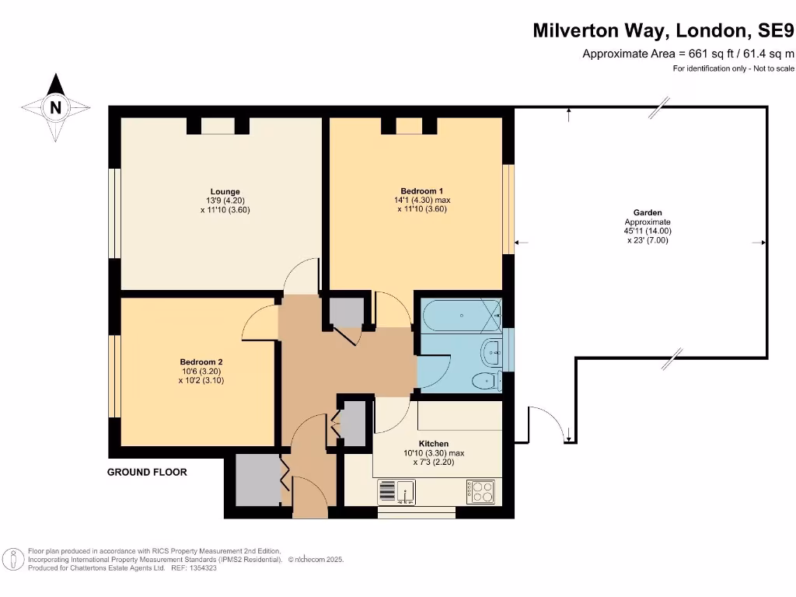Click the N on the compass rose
coord(55,108)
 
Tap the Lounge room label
coord(225,191)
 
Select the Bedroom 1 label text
coord(422,191)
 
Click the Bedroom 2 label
coord(201,362)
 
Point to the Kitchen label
coord(433,444)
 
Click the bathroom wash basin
coord(491,353)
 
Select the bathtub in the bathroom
coord(460,316)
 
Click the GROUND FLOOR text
coord(147,472)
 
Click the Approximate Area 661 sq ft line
coord(689,54)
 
